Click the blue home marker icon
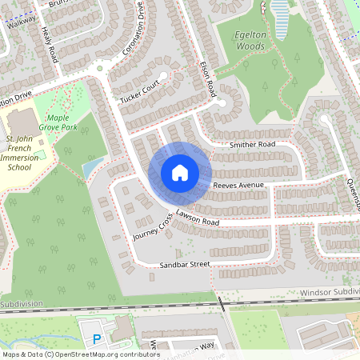(180, 172)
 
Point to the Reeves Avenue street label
(238, 186)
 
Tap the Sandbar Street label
(183, 263)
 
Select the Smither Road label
(252, 145)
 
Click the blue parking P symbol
(98, 339)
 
